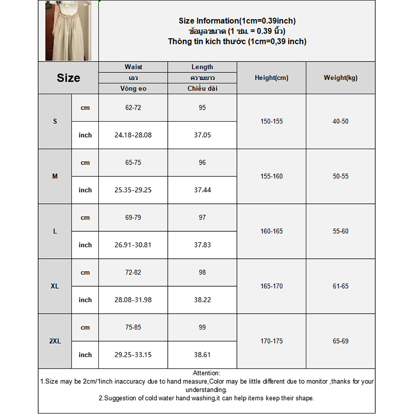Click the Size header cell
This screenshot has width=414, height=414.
68,78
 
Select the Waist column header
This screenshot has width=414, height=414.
133,67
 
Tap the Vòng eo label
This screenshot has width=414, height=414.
133,88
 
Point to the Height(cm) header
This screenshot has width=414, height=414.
271,78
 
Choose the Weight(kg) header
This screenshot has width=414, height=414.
341,78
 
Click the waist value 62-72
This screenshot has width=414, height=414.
133,108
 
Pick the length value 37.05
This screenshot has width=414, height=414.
202,135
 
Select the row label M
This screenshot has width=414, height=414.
55,176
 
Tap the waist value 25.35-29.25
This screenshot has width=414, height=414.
133,190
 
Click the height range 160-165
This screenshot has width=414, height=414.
271,231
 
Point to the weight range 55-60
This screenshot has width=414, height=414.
341,231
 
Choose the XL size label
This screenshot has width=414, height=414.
55,286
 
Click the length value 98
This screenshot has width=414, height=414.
202,272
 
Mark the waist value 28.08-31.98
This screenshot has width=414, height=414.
133,300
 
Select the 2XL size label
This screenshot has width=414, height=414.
55,341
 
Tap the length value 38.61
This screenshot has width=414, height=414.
202,355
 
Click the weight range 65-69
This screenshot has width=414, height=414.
341,341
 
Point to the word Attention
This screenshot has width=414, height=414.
206,373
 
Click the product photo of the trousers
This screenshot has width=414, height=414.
68,31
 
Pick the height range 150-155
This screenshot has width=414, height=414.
271,122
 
